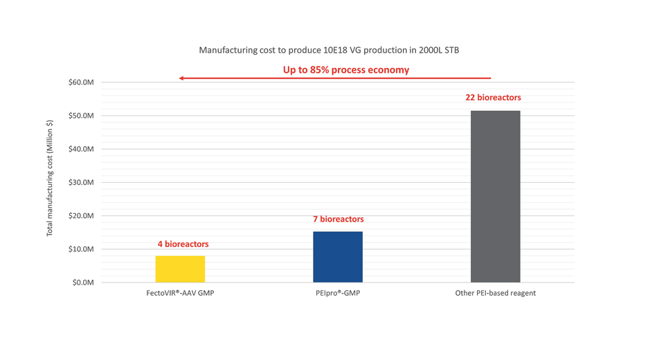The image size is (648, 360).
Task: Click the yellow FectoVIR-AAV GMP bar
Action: [180, 269]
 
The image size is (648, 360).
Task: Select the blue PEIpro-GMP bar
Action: [338, 257]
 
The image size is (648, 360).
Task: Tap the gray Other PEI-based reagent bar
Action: [495, 197]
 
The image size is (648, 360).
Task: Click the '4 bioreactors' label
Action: [183, 244]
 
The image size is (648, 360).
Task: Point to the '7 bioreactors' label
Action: [338, 219]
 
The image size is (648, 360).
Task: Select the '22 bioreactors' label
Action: [493, 98]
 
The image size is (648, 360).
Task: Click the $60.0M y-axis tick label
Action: [81, 82]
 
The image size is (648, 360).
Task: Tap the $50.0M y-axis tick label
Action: [81, 116]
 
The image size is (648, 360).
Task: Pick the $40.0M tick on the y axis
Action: [81, 149]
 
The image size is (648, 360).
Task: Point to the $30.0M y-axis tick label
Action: [81, 182]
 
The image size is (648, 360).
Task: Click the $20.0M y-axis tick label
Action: [81, 215]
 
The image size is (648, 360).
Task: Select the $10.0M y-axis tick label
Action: [81, 249]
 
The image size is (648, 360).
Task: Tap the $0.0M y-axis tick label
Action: [83, 282]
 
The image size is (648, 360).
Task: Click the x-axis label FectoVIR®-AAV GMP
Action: [180, 293]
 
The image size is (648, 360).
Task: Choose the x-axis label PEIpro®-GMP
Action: [337, 293]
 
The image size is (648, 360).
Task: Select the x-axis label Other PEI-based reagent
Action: [495, 293]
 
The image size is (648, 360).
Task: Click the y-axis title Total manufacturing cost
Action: [50, 179]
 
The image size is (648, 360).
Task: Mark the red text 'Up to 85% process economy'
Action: [345, 70]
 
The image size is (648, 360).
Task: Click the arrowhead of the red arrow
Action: [181, 78]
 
